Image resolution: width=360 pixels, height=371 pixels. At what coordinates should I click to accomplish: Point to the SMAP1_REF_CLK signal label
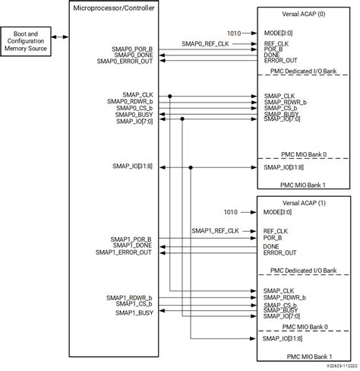215,230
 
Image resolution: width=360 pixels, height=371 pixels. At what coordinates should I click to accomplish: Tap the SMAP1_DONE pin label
133,246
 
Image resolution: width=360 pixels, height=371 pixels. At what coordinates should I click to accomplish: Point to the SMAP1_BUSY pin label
134,312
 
